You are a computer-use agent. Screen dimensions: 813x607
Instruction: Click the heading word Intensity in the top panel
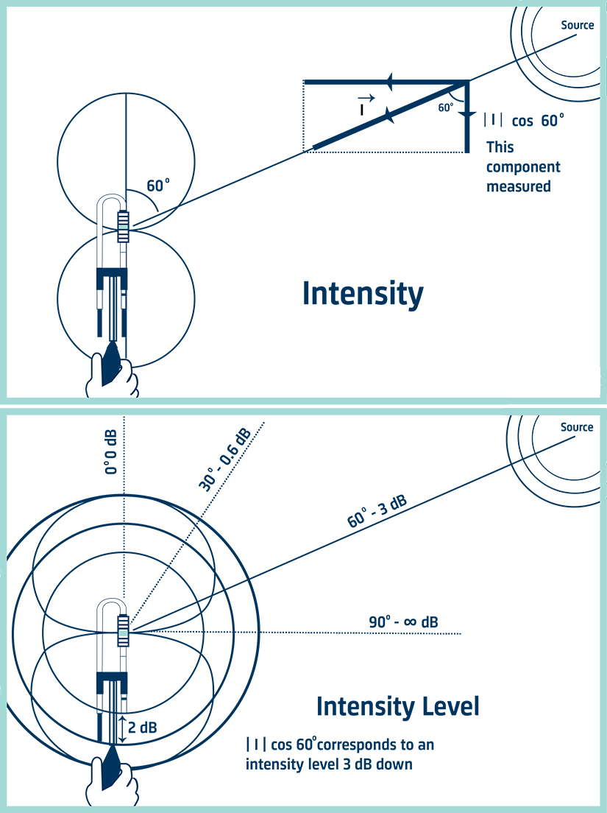[363, 294]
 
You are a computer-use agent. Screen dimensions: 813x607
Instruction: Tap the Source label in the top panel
[577, 25]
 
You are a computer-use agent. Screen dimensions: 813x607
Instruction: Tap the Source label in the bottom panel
[576, 427]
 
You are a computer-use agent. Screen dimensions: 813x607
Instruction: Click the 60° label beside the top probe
[158, 186]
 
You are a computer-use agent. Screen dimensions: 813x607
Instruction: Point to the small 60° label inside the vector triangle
[446, 108]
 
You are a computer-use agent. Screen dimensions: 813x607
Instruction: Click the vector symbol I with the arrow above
[363, 105]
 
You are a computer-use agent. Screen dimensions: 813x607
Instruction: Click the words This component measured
[523, 166]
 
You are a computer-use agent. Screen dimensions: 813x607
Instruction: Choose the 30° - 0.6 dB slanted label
[225, 458]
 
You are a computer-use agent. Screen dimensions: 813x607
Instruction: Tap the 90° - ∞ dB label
[403, 622]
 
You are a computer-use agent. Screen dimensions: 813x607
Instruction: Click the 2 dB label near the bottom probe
[143, 728]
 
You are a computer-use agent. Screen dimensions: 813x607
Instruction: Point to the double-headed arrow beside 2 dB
[121, 728]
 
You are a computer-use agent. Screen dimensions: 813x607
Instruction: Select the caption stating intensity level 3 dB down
[340, 754]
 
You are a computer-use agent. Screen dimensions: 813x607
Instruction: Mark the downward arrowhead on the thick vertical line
[466, 116]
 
